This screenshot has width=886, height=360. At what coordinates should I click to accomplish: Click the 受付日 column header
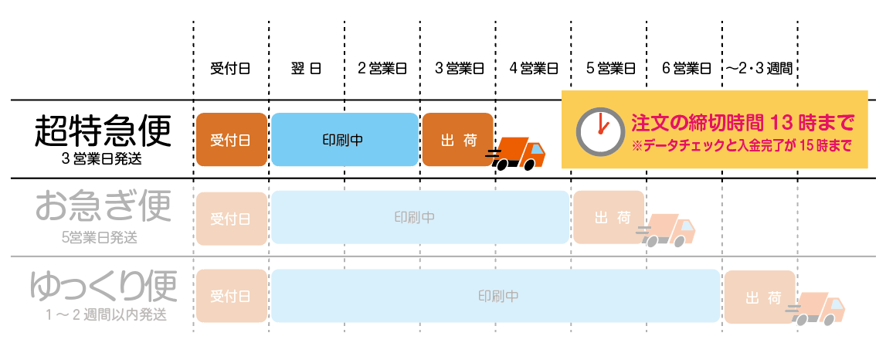pyautogui.click(x=230, y=69)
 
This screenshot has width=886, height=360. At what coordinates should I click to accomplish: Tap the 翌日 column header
pyautogui.click(x=306, y=69)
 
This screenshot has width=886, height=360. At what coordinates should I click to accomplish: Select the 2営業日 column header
pyautogui.click(x=382, y=69)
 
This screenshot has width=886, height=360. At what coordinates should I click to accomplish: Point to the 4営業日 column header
pyautogui.click(x=533, y=69)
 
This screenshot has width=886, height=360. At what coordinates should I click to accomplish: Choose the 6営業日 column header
pyautogui.click(x=685, y=69)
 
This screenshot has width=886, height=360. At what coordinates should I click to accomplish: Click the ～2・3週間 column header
pyautogui.click(x=759, y=69)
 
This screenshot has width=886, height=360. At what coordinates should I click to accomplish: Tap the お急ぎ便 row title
pyautogui.click(x=102, y=208)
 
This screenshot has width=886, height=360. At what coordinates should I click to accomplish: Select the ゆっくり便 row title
pyautogui.click(x=103, y=286)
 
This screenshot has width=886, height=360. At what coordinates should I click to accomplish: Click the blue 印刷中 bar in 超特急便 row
pyautogui.click(x=343, y=140)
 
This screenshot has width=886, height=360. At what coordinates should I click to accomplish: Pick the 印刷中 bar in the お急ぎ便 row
pyautogui.click(x=419, y=217)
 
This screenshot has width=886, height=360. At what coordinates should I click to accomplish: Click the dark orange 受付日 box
pyautogui.click(x=230, y=140)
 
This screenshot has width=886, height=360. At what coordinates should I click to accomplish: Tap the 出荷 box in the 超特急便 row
pyautogui.click(x=457, y=140)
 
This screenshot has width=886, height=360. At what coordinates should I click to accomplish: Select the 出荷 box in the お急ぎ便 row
pyautogui.click(x=609, y=217)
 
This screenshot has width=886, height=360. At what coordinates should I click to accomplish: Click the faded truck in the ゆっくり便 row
pyautogui.click(x=818, y=307)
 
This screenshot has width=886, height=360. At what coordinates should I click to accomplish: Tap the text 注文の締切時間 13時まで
pyautogui.click(x=743, y=122)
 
